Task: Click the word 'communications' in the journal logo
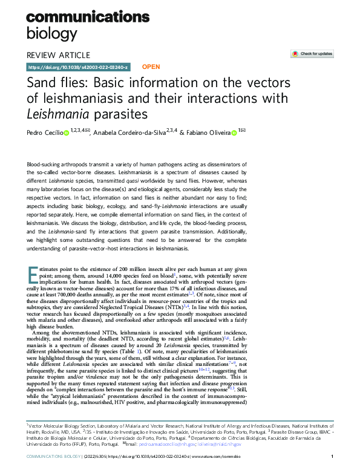(88, 16)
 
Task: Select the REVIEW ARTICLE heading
(59, 54)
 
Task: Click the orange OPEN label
(151, 67)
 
